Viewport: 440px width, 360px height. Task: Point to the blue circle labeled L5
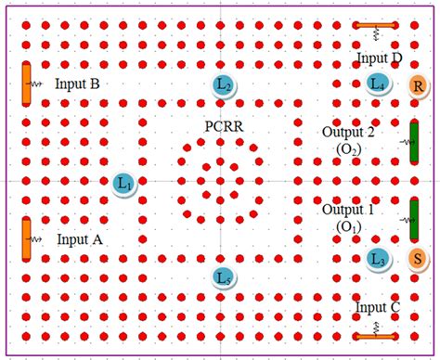(222, 277)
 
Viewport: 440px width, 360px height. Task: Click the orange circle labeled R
(419, 87)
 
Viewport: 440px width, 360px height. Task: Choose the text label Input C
(377, 307)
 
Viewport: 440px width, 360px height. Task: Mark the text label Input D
(379, 59)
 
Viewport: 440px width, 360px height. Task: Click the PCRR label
(223, 125)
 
